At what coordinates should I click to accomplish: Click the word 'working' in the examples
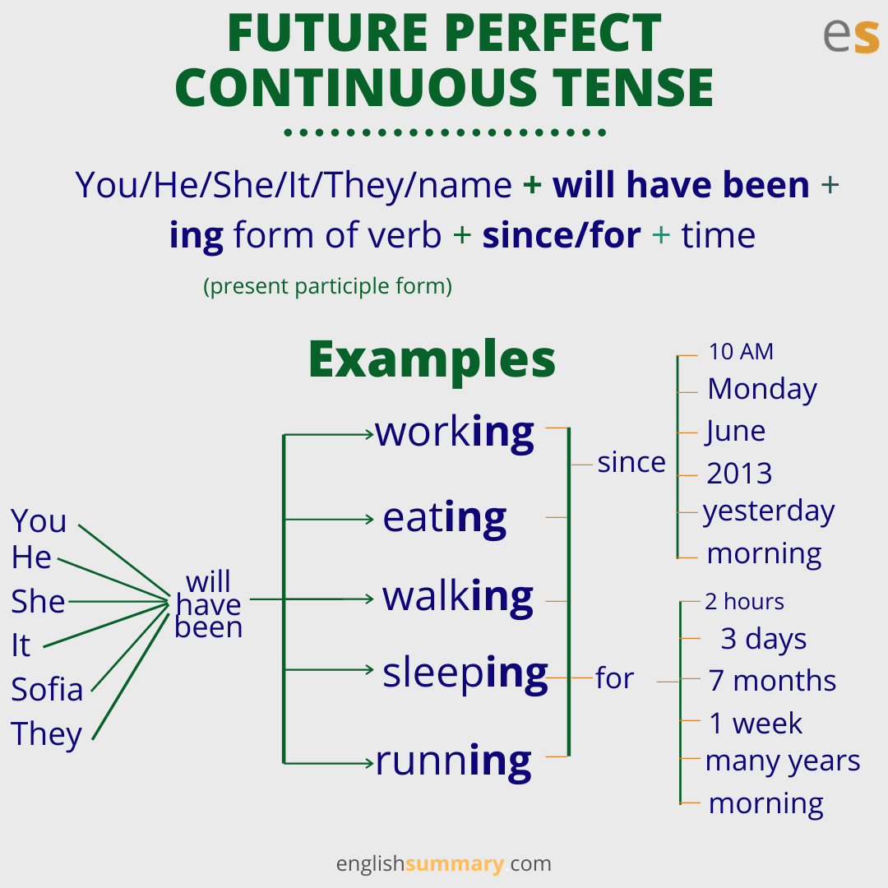click(454, 434)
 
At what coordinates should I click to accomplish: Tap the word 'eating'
click(445, 519)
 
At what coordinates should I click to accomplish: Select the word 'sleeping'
click(465, 674)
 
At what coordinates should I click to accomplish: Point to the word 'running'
click(454, 761)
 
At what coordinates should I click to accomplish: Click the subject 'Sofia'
click(47, 689)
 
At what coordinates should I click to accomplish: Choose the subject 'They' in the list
click(46, 734)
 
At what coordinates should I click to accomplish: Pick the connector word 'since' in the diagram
click(631, 462)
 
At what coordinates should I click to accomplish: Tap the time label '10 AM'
click(741, 352)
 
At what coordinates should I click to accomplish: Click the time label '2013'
click(739, 474)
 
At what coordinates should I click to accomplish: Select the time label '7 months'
click(772, 680)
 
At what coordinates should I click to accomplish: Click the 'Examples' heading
click(432, 361)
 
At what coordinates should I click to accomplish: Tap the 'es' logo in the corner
click(851, 35)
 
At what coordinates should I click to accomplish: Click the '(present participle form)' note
click(328, 287)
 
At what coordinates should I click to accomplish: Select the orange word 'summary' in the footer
click(454, 863)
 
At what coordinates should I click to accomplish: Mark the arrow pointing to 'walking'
click(312, 599)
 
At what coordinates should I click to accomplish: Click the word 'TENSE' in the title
click(633, 87)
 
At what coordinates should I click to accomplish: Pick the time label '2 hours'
click(744, 601)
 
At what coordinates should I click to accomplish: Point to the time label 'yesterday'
click(769, 512)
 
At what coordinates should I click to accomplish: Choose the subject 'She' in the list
click(38, 601)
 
